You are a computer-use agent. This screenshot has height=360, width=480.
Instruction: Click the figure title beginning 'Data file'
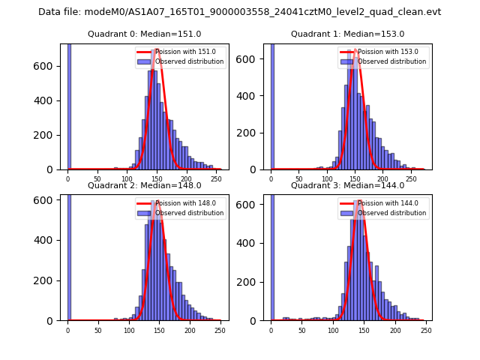239,12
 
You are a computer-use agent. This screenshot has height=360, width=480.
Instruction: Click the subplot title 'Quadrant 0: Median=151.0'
144,34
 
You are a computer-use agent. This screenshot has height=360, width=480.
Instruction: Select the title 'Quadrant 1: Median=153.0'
347,34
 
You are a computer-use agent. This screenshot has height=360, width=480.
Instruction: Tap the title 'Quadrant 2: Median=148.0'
144,185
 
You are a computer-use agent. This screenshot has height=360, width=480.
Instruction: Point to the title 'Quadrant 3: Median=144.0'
347,185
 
